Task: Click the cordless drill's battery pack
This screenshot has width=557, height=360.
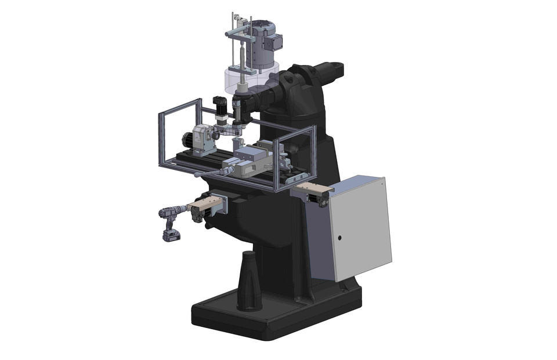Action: click(171, 235)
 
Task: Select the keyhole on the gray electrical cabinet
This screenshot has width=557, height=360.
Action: click(339, 237)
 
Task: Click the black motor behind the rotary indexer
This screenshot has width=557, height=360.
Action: click(187, 140)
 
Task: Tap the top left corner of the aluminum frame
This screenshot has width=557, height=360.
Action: click(160, 114)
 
